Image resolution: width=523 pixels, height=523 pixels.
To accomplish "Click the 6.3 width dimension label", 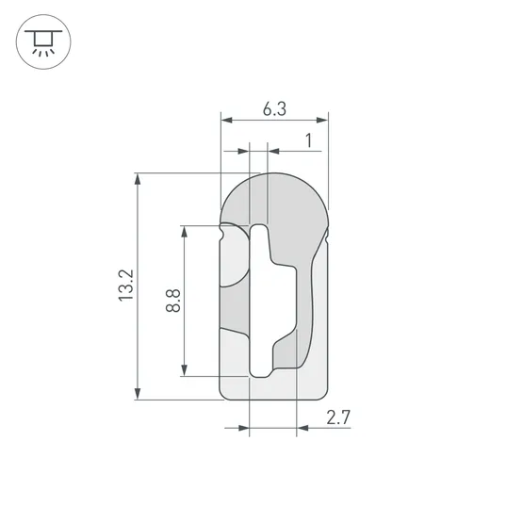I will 274,109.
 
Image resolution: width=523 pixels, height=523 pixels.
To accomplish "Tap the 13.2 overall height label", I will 127,286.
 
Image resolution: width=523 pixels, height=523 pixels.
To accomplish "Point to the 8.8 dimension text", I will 172,302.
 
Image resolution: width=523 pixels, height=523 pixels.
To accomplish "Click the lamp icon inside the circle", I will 42,42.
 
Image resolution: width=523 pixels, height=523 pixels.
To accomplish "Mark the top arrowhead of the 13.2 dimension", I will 139,178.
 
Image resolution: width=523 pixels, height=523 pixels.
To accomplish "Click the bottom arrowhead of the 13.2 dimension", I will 139,393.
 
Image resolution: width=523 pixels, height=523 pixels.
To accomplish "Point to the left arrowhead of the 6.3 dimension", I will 225,120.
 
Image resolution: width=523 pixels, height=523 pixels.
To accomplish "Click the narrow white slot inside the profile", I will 259,302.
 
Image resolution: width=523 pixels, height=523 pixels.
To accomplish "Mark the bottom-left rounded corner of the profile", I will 224,393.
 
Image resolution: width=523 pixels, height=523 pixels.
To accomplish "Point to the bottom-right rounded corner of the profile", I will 324,393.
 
